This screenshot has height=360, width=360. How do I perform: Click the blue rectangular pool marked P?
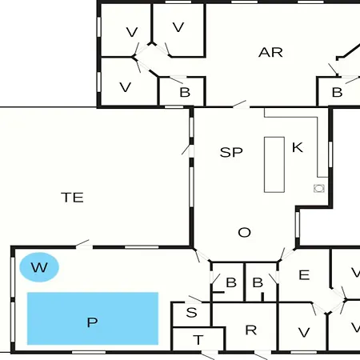93,318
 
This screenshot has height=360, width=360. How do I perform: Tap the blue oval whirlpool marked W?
39,267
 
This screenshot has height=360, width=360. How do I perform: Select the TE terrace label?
72,198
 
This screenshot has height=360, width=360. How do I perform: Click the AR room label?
270,52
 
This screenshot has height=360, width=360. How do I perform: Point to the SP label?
231,152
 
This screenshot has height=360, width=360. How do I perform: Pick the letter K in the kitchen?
298,147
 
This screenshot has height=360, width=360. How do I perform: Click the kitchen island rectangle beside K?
274,165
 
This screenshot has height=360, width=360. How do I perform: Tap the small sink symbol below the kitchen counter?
319,188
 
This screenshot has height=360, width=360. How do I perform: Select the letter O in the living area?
244,232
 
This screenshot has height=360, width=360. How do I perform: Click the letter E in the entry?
304,274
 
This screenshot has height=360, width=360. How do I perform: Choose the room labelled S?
191,314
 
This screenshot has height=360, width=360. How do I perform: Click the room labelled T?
198,339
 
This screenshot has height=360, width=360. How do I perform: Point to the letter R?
250,330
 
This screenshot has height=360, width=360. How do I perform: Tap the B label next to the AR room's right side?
337,93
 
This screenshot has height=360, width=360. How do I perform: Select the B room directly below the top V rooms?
182,91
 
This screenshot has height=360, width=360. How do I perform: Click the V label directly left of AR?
178,27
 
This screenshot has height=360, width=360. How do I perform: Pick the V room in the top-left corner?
126,30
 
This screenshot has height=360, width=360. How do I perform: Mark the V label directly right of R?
304,333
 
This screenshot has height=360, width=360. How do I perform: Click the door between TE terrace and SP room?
190,151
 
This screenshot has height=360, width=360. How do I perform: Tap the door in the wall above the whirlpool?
84,246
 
